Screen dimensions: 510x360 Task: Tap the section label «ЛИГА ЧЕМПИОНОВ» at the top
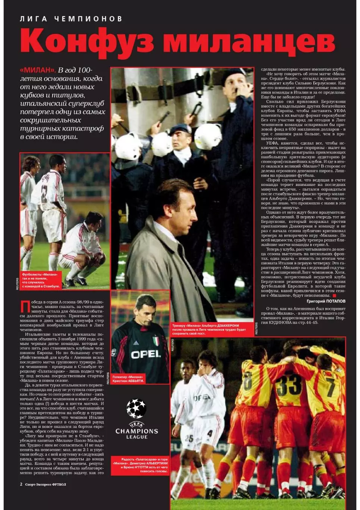click(x=71, y=19)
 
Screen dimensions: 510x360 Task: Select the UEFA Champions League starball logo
click(x=136, y=408)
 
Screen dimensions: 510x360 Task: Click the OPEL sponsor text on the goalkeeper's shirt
click(x=145, y=354)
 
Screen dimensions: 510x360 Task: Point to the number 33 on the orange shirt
click(x=288, y=385)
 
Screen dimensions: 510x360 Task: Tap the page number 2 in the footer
click(x=21, y=484)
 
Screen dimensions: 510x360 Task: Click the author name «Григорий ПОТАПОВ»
click(x=326, y=301)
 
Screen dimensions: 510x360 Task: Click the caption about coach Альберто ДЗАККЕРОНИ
click(x=209, y=330)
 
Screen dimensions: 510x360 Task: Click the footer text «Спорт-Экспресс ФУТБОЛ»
click(x=46, y=485)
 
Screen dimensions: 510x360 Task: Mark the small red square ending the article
click(x=335, y=296)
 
